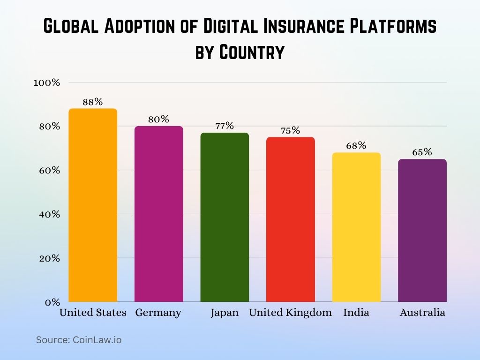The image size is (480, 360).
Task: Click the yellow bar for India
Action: point(356,227)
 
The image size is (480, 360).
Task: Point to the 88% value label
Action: point(93,102)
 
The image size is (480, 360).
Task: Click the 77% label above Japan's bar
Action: point(225,126)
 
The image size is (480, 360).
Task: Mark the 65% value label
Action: point(422,152)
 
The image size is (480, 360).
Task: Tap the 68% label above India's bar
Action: point(356,145)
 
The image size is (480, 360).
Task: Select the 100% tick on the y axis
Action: point(46,82)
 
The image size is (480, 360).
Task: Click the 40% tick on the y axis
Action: point(48,214)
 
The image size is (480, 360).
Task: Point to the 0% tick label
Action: point(52,302)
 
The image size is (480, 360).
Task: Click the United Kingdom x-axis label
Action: point(290,313)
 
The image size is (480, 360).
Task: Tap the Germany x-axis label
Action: point(158,313)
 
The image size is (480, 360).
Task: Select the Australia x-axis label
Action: point(422,313)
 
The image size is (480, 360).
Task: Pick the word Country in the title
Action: point(252,52)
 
